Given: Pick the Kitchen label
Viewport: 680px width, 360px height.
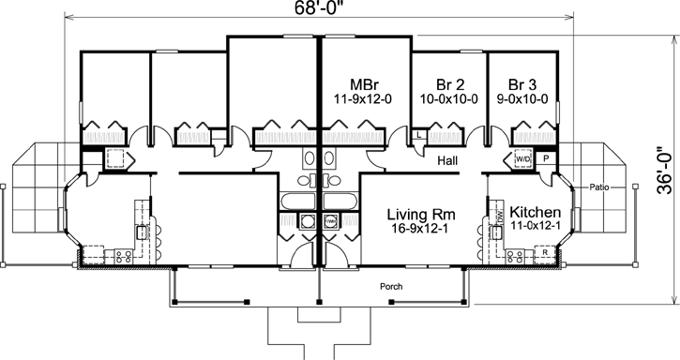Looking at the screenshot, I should point(536,211).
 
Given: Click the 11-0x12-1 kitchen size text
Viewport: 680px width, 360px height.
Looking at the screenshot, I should point(536,228).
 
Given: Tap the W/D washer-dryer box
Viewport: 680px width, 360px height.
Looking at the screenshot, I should point(521,160).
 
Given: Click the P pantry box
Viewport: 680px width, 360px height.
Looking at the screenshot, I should point(546,160).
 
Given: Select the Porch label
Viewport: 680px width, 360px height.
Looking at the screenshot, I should point(391,286).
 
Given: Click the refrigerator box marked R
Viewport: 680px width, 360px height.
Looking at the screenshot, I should point(544,253).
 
